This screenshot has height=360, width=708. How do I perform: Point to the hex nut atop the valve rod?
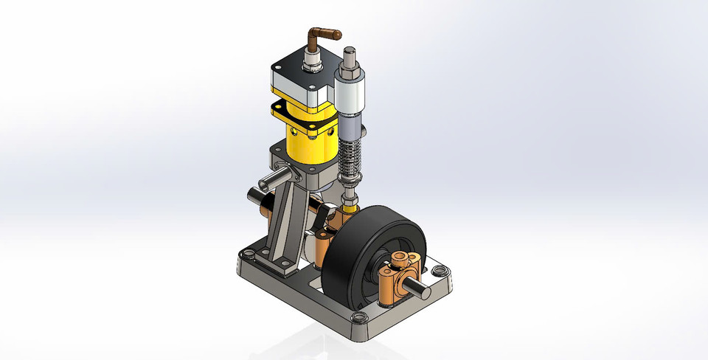349,69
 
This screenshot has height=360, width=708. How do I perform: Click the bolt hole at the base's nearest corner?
358,316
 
